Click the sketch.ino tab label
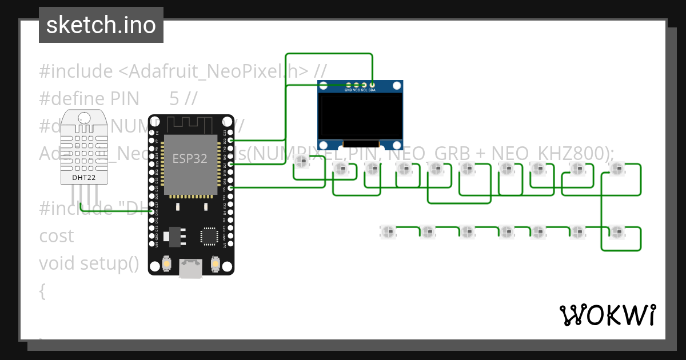click(x=101, y=25)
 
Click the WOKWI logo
click(x=607, y=315)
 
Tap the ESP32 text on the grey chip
click(x=190, y=158)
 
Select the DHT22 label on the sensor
click(x=84, y=177)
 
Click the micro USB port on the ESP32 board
click(x=191, y=269)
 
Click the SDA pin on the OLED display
click(x=372, y=85)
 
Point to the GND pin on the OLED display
click(x=348, y=85)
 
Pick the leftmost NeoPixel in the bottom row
click(x=388, y=231)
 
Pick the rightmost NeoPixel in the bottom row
click(x=616, y=231)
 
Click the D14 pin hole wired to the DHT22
click(x=152, y=212)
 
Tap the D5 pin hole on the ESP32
click(x=230, y=187)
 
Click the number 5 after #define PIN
click(x=174, y=98)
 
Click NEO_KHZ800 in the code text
click(x=550, y=153)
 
